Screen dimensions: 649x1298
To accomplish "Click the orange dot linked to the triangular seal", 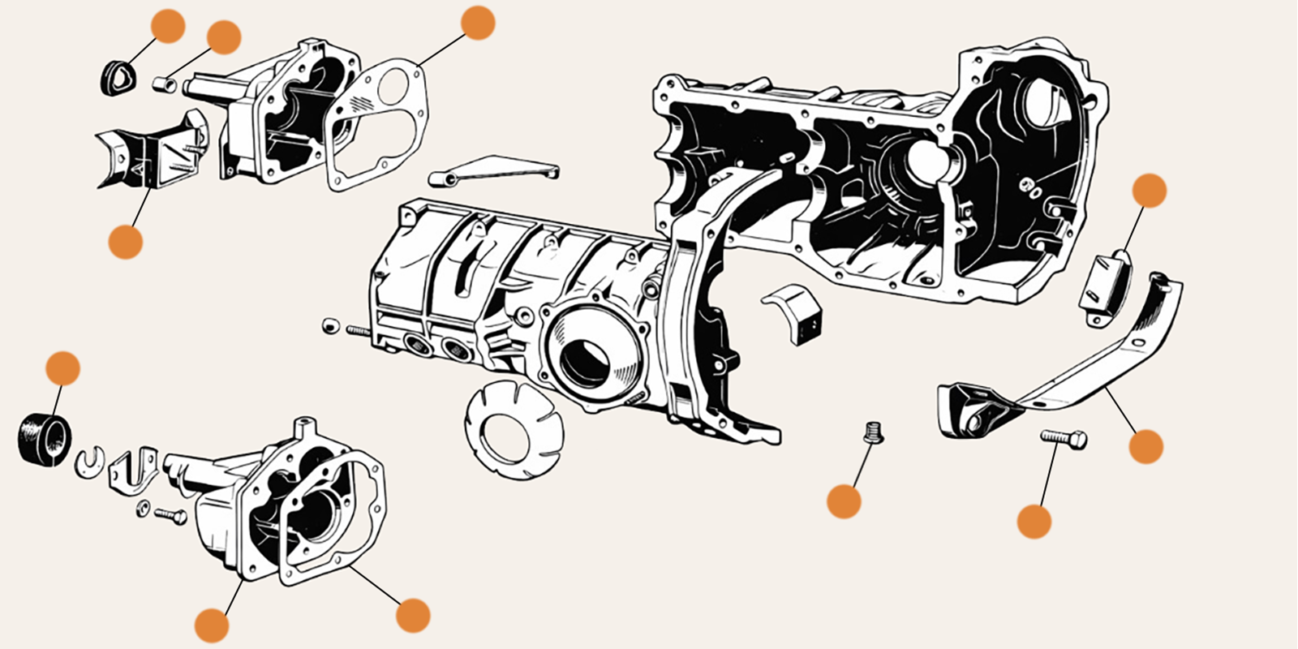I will click(168, 26).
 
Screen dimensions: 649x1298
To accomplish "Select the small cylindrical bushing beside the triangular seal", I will click(165, 83).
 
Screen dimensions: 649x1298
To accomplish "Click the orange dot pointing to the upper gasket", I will click(477, 23).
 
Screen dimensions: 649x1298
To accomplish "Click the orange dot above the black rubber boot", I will click(62, 368).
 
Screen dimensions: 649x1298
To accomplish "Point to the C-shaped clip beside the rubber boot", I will click(89, 462).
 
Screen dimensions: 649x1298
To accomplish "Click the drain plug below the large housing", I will click(873, 432).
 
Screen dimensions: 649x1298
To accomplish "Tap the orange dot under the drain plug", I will click(844, 501).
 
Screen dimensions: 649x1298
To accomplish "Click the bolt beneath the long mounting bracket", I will click(1064, 439).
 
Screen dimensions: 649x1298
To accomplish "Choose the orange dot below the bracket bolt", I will click(1034, 522).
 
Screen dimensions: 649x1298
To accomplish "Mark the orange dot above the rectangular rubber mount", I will click(1149, 191).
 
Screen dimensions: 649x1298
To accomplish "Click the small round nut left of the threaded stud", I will click(330, 325).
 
